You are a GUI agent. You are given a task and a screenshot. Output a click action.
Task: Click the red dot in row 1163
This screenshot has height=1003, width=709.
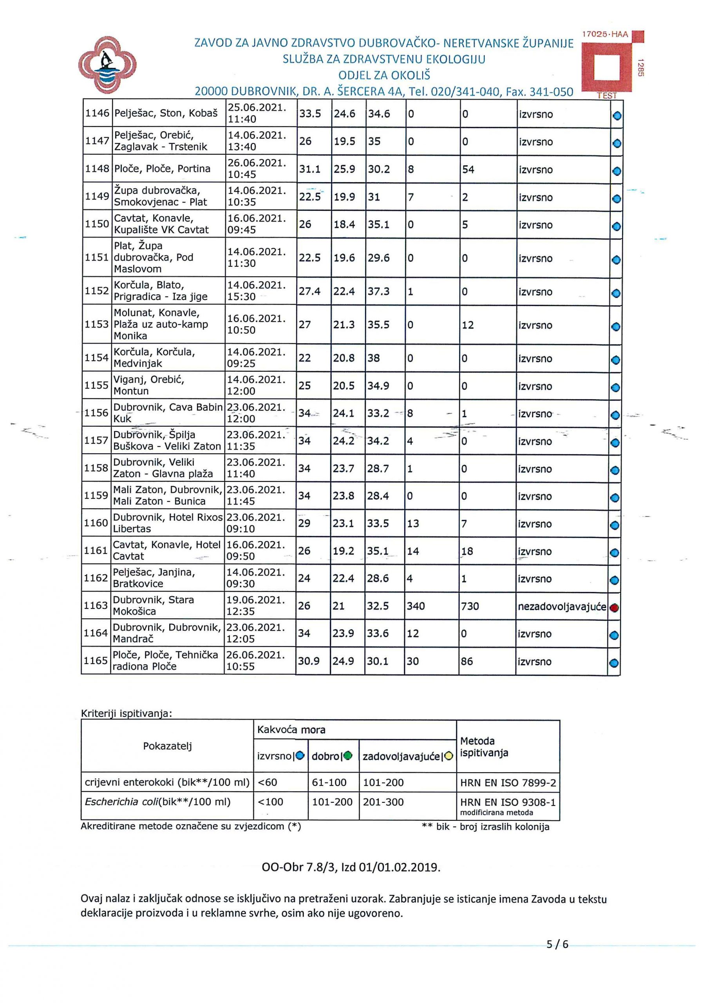(x=614, y=608)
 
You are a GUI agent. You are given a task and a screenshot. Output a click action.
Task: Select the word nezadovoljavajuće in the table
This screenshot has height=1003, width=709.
(x=562, y=607)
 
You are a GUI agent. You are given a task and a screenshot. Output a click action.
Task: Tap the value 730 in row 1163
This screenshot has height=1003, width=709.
(x=470, y=607)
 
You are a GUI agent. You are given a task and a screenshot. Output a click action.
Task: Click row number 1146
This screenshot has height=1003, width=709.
(x=97, y=113)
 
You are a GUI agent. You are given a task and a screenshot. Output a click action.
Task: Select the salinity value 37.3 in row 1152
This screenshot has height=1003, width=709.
(x=378, y=291)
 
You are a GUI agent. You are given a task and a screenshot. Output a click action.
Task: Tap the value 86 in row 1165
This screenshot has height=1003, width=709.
(x=467, y=661)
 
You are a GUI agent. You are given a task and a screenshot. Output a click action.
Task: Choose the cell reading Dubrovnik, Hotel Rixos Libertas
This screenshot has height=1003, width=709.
(x=168, y=523)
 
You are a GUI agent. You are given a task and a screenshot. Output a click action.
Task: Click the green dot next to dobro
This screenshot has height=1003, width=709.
(x=348, y=756)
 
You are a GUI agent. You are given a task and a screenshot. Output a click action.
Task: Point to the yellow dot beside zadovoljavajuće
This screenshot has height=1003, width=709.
(x=449, y=756)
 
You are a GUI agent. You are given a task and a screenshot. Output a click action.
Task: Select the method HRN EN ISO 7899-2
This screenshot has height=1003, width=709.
(x=508, y=783)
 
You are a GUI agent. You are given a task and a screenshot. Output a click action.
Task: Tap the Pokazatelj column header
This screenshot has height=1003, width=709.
(x=167, y=746)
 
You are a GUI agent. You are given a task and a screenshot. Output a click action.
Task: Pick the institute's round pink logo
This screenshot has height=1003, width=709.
(x=107, y=65)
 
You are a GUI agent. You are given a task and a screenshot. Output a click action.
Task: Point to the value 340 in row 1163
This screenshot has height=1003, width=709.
(x=416, y=607)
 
